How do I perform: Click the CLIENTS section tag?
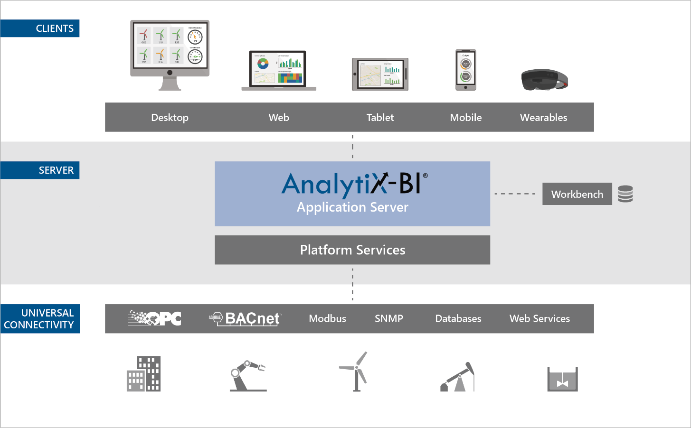(40, 28)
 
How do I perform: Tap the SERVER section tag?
(40, 170)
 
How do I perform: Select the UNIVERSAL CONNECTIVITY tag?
(40, 319)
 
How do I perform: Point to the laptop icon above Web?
(279, 70)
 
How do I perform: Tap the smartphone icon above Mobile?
(465, 70)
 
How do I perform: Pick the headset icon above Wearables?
(544, 80)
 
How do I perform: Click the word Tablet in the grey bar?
(380, 118)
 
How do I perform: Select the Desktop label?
(170, 118)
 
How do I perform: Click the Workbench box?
(577, 194)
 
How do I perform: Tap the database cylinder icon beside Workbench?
(625, 194)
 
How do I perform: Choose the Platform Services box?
(352, 250)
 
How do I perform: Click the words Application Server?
(352, 207)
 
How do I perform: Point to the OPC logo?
(155, 318)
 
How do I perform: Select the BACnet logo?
(246, 318)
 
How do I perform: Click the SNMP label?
(389, 319)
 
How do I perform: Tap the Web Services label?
(540, 319)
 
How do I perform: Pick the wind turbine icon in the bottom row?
(356, 372)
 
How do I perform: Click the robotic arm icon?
(247, 376)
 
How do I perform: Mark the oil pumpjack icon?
(458, 378)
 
